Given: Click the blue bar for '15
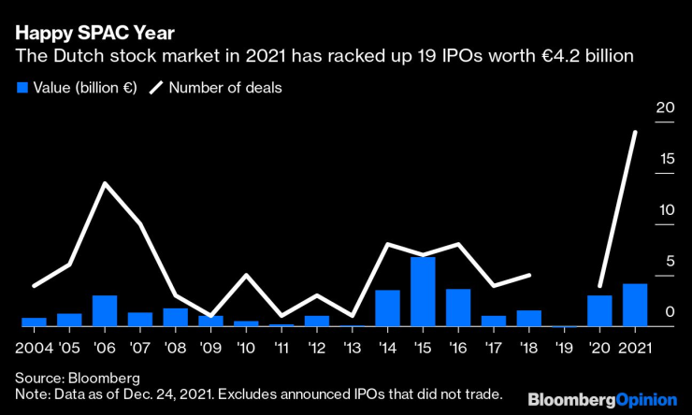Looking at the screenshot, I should click(424, 292).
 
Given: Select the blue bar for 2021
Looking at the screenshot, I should click(635, 305).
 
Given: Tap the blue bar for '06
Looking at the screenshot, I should click(105, 310).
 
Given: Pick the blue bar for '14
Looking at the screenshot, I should click(388, 308).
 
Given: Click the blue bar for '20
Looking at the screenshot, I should click(599, 310).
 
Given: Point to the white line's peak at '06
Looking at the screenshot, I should click(105, 183).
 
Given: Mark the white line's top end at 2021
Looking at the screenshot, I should click(636, 132).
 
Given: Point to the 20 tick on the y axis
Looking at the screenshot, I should click(665, 108).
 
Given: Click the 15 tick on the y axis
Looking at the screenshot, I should click(665, 160).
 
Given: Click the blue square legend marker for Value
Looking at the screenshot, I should click(22, 88).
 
